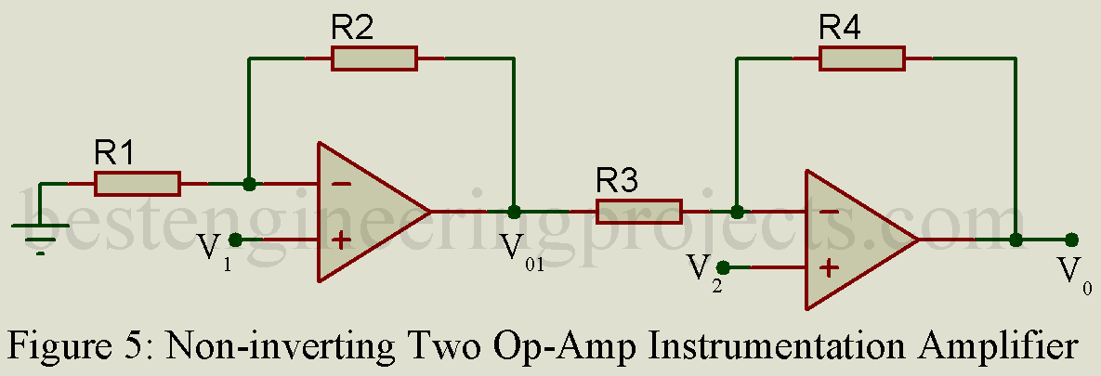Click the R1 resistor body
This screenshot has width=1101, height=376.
[138, 184]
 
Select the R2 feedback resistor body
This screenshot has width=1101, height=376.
[374, 58]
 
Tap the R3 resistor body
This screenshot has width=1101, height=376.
[639, 212]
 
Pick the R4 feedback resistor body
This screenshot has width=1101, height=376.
[862, 58]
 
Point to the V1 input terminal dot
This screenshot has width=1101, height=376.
[235, 240]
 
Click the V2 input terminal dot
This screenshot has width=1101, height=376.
[723, 268]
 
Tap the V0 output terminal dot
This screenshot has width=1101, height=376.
[1071, 240]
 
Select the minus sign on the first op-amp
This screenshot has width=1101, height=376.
[341, 184]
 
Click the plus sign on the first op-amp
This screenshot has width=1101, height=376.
[341, 240]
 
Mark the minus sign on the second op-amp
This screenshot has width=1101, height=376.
[829, 212]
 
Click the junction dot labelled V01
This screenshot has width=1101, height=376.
[513, 212]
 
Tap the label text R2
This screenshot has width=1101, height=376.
[353, 28]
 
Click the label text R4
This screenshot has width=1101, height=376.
[840, 28]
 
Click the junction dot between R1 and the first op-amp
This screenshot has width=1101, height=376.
[249, 184]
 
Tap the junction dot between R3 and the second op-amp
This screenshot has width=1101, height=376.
[737, 212]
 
